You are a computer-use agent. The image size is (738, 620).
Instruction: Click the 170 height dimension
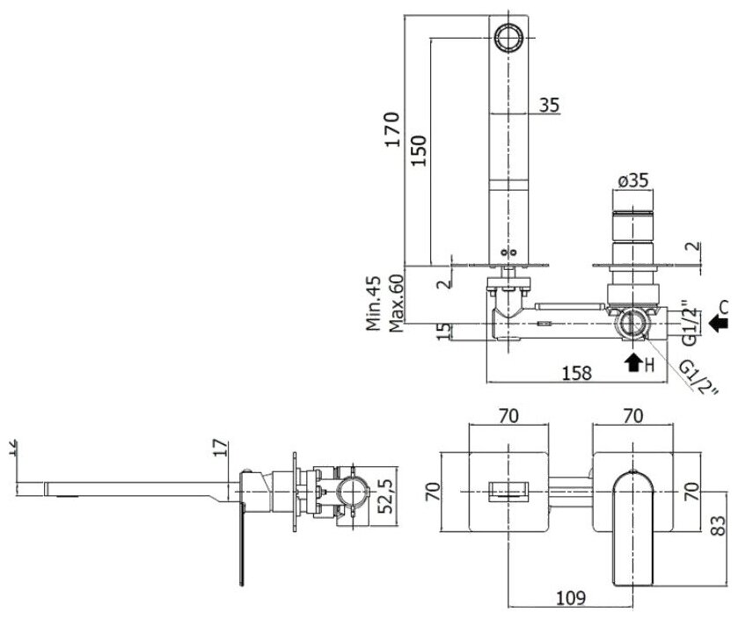click(x=393, y=129)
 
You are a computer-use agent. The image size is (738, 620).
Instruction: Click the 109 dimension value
click(x=572, y=598)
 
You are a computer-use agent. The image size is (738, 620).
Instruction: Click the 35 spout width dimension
click(x=548, y=105)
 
